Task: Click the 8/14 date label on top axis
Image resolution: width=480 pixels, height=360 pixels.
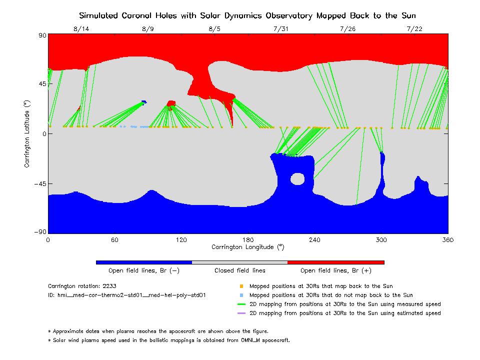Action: (81, 29)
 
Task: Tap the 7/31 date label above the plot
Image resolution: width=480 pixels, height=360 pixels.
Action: (281, 29)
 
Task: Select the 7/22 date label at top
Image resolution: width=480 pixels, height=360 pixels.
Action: (414, 29)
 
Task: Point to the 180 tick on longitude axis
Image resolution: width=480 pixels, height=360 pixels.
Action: (248, 240)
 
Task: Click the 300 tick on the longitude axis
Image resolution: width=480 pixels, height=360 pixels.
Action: (381, 240)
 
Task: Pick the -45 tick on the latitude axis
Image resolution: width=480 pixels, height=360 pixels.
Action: (39, 183)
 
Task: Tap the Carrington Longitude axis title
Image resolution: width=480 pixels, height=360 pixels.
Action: (248, 247)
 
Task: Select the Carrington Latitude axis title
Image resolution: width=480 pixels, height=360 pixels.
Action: (27, 133)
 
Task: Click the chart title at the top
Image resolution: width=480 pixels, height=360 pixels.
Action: (248, 15)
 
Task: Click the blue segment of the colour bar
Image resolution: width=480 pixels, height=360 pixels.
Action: (144, 262)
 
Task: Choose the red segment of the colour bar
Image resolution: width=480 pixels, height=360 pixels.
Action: (336, 262)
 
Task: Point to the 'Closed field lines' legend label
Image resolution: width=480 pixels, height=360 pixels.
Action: (240, 270)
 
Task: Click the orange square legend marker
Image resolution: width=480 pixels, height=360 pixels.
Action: (241, 286)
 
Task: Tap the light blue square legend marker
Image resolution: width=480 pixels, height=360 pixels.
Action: (241, 295)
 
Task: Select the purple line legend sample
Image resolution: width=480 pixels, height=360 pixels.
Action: (241, 313)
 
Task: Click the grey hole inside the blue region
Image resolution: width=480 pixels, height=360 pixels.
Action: (297, 178)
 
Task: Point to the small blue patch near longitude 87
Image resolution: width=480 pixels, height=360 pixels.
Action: (144, 102)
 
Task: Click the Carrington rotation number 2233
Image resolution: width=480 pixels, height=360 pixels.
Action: (109, 286)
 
